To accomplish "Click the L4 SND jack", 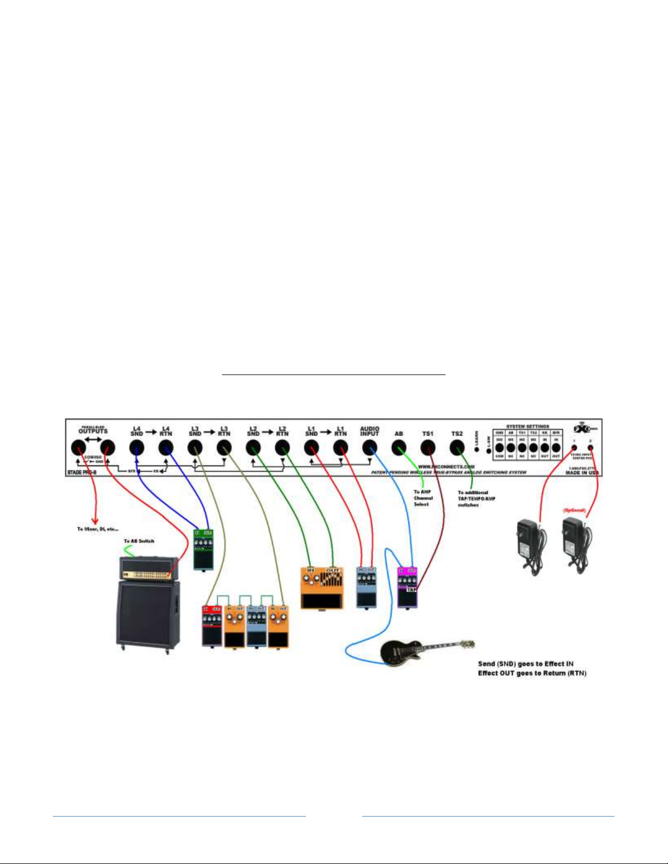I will click(136, 448).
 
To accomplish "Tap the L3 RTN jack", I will click(224, 448).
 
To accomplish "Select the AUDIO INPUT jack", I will click(369, 448).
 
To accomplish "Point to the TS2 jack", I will click(457, 448).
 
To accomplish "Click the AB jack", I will click(399, 448).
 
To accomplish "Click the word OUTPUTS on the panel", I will click(93, 431).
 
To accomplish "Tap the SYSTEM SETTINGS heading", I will click(527, 427).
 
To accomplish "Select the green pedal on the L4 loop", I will click(203, 549).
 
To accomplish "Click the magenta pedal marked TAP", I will click(407, 587).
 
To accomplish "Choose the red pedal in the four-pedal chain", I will click(212, 625).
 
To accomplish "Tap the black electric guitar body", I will click(399, 652).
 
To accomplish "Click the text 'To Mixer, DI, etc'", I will click(98, 529).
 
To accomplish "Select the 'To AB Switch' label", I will click(139, 541).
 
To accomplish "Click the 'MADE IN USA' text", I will click(582, 473).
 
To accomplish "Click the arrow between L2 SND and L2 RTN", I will click(267, 433).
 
